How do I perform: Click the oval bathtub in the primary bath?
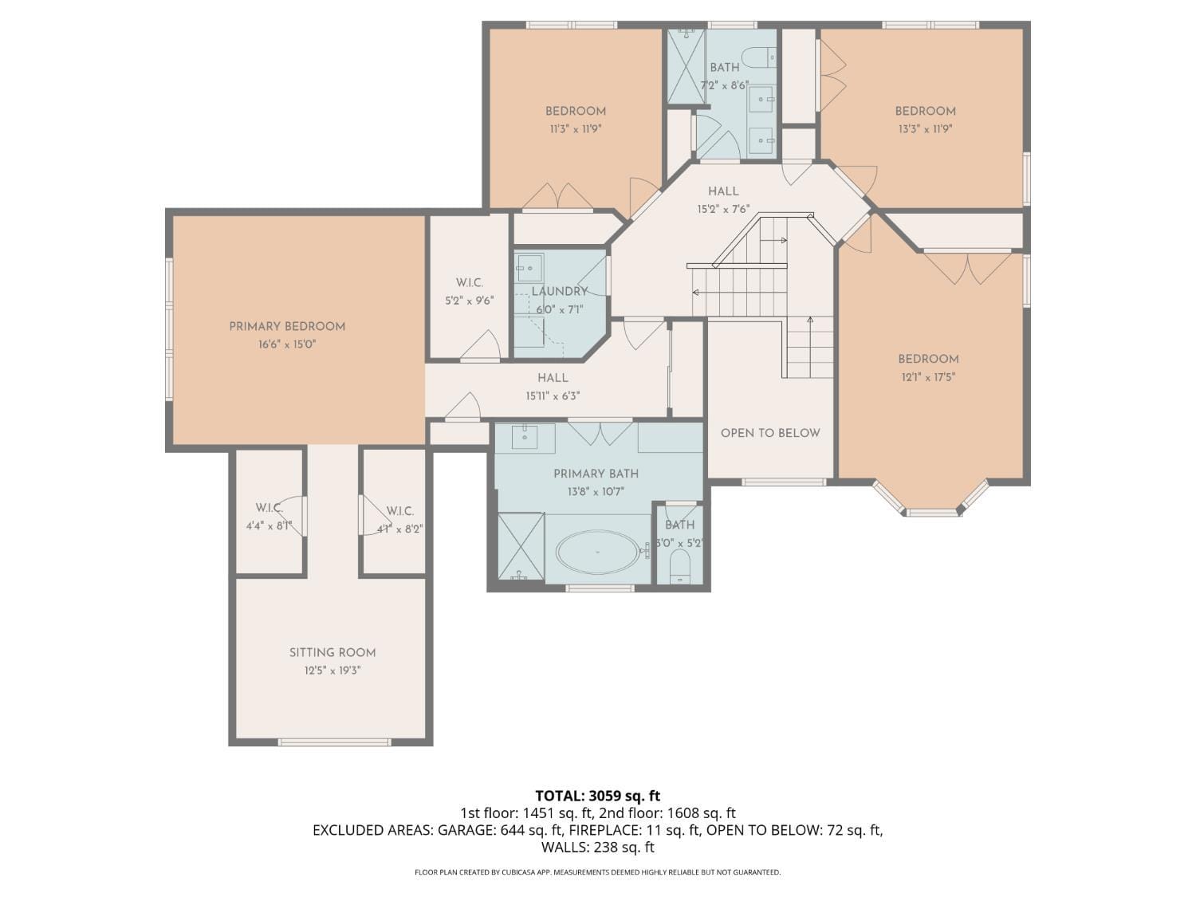pyautogui.click(x=597, y=553)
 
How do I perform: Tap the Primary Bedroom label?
pyautogui.click(x=287, y=326)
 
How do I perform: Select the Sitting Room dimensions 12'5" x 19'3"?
pyautogui.click(x=332, y=671)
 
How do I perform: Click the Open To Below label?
pyautogui.click(x=770, y=433)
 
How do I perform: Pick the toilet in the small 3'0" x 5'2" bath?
pyautogui.click(x=679, y=568)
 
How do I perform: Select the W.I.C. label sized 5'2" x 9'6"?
pyautogui.click(x=470, y=282)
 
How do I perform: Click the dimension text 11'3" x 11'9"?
pyautogui.click(x=575, y=129)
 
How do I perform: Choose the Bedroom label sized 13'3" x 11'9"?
pyautogui.click(x=925, y=111)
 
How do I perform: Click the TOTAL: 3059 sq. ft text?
pyautogui.click(x=597, y=796)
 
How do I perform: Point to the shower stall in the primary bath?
pyautogui.click(x=521, y=547)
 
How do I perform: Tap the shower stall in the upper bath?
pyautogui.click(x=686, y=66)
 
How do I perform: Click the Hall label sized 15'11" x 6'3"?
pyautogui.click(x=553, y=378)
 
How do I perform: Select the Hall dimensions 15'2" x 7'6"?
pyautogui.click(x=723, y=209)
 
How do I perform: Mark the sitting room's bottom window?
pyautogui.click(x=334, y=742)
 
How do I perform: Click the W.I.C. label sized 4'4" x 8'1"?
pyautogui.click(x=269, y=508)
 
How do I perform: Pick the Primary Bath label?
pyautogui.click(x=596, y=474)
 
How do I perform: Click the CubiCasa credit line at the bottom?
pyautogui.click(x=597, y=872)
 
